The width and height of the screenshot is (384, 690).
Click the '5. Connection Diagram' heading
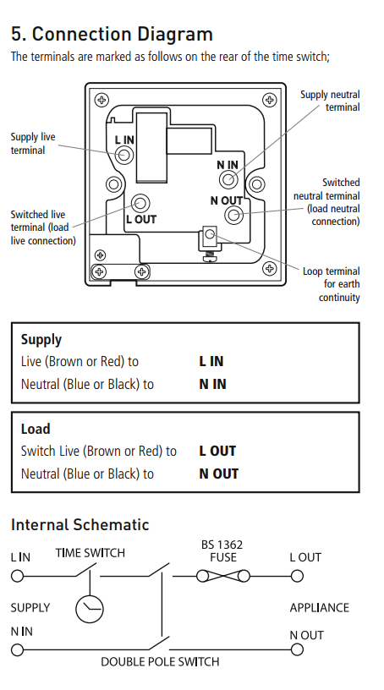click(112, 35)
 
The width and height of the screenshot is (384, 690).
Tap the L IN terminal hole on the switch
click(124, 155)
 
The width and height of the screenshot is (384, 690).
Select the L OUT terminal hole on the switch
click(140, 203)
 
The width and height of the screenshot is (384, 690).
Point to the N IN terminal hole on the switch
click(228, 179)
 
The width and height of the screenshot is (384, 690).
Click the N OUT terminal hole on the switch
click(233, 215)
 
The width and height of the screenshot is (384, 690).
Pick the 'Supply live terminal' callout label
click(33, 143)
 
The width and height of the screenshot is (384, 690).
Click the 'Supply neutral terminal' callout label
click(330, 101)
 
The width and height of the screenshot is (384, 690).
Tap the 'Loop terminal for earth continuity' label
click(332, 284)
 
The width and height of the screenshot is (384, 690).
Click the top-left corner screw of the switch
click(102, 100)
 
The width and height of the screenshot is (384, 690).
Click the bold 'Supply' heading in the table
click(41, 339)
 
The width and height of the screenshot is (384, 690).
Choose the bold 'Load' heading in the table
click(36, 429)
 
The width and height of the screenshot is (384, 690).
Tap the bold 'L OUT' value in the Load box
click(217, 452)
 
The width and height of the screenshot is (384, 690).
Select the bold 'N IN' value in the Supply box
click(212, 384)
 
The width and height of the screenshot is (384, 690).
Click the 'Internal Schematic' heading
click(80, 525)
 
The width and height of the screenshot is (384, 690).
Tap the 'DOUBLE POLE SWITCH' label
click(160, 661)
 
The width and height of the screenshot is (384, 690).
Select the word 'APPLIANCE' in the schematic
click(319, 607)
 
